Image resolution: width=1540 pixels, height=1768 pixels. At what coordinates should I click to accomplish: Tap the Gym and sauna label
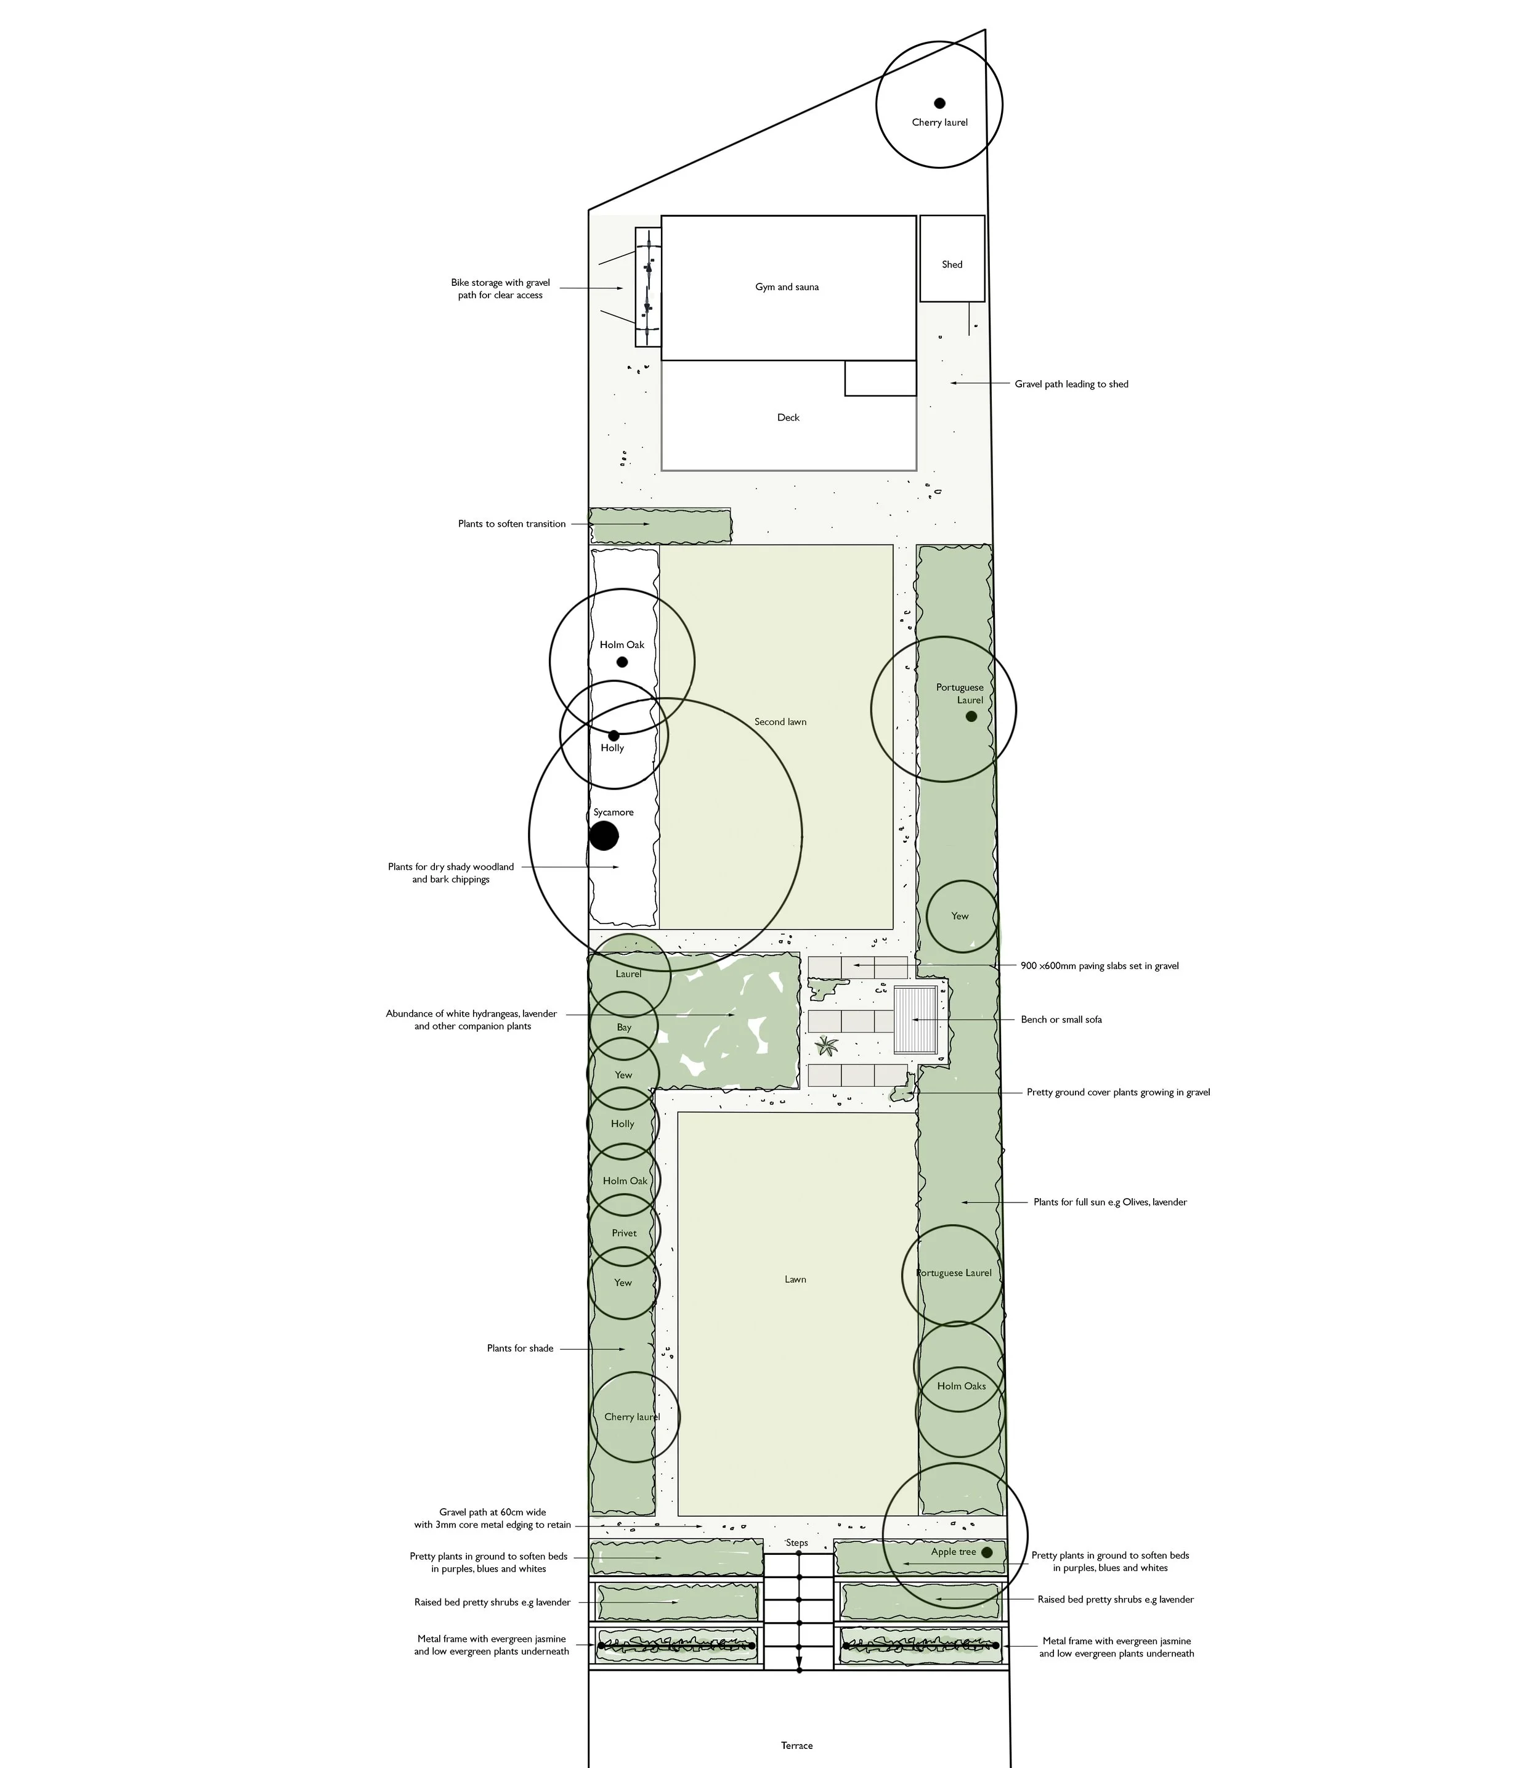[787, 287]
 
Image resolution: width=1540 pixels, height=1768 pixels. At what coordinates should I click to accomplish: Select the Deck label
[788, 418]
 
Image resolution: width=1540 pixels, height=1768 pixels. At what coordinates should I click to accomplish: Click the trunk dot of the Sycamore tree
[604, 835]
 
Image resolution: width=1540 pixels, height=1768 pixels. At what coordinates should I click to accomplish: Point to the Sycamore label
[614, 812]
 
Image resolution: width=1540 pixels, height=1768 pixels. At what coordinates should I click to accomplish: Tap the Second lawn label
[780, 722]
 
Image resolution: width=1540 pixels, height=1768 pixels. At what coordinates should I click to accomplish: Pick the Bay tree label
[624, 1027]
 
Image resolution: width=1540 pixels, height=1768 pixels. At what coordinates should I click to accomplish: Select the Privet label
[624, 1233]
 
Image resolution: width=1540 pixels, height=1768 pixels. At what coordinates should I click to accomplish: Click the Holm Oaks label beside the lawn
[961, 1385]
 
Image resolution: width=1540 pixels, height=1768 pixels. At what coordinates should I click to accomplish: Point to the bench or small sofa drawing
[915, 1020]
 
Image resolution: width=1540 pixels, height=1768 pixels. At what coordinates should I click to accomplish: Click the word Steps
[796, 1543]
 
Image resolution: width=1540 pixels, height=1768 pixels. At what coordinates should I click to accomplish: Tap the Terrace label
[796, 1746]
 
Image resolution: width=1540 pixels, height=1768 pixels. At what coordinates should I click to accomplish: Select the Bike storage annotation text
[500, 289]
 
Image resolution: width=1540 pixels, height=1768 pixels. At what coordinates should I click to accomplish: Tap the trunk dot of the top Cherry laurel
[939, 103]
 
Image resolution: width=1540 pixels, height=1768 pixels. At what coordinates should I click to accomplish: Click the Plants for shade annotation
[520, 1348]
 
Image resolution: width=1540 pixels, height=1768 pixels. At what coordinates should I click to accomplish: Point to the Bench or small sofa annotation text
[1061, 1020]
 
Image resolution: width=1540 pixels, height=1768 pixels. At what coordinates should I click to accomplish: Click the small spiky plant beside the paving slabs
[827, 1046]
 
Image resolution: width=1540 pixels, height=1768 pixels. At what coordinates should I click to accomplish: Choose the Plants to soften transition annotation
[511, 524]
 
